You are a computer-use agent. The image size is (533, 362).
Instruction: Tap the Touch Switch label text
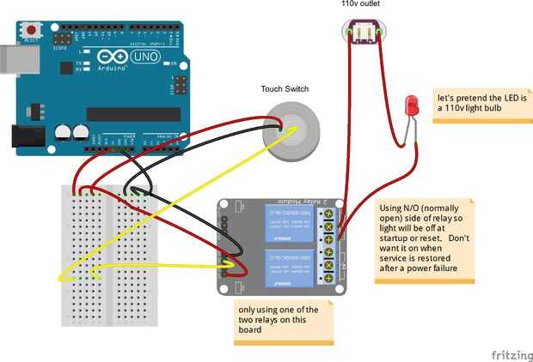(x=285, y=89)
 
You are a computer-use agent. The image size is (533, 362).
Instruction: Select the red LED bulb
(x=410, y=106)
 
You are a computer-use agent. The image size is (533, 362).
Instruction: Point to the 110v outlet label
(x=360, y=5)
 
